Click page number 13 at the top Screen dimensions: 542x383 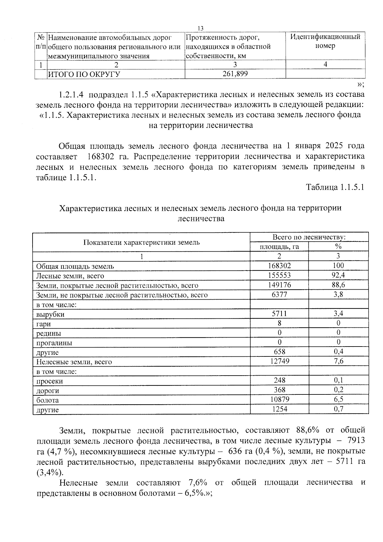tap(200, 28)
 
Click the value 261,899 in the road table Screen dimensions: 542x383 tap(235, 74)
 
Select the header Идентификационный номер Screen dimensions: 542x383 tap(325, 41)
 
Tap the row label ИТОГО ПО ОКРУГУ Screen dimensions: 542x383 tap(84, 74)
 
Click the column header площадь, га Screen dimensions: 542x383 tap(279, 247)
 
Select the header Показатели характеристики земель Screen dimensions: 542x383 tap(141, 242)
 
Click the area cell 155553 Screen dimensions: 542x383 tap(279, 275)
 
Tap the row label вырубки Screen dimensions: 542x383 tap(50, 314)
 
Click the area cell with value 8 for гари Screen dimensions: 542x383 tap(279, 323)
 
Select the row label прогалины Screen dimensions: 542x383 tap(54, 343)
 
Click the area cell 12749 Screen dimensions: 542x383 tap(279, 361)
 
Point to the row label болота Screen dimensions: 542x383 tap(48, 400)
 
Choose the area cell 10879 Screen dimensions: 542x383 tap(279, 400)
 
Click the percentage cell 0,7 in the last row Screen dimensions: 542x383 tap(338, 409)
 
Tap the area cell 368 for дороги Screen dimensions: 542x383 tap(279, 390)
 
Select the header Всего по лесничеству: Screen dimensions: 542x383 tap(309, 237)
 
